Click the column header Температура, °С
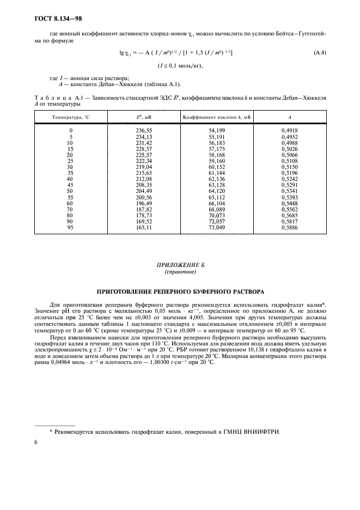click(x=70, y=117)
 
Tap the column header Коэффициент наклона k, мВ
click(x=216, y=117)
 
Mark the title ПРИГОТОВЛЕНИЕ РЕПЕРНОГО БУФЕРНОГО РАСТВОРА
click(x=180, y=292)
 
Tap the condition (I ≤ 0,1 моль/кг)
click(x=180, y=66)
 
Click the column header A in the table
click(x=289, y=117)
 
